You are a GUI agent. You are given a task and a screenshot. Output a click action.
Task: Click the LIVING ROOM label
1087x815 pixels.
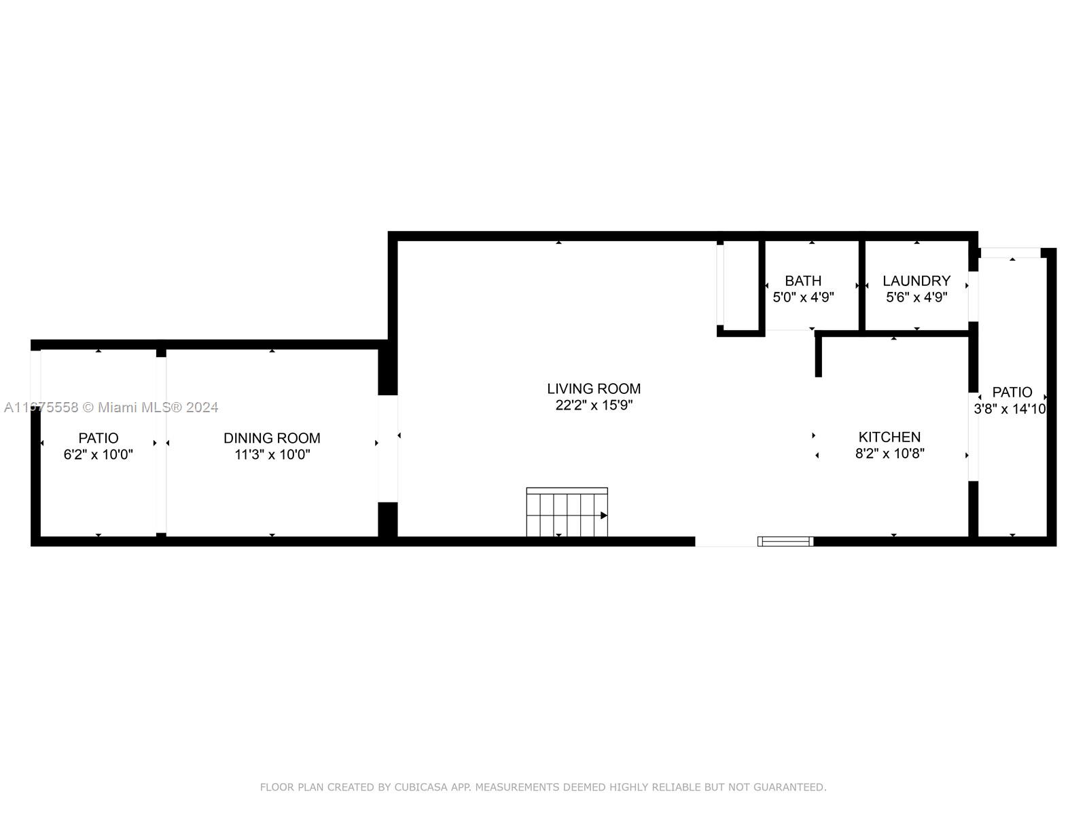593,388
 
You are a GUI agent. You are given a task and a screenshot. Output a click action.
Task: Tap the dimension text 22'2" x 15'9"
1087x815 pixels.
593,405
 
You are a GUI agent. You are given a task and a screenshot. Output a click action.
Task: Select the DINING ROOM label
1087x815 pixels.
272,438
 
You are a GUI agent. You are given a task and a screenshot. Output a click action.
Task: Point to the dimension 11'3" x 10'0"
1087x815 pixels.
272,454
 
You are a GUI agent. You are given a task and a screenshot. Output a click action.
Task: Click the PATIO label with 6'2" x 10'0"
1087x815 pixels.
98,438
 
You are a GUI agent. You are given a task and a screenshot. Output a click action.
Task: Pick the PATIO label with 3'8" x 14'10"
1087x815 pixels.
1012,392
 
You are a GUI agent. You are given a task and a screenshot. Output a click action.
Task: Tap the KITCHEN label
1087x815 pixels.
889,437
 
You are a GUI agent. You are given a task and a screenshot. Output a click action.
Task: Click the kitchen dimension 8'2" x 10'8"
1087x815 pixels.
889,453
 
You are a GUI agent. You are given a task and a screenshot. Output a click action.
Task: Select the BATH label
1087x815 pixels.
803,280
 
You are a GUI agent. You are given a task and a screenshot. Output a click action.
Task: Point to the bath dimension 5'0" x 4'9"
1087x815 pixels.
803,297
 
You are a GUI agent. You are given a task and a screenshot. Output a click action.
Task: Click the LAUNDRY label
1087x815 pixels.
916,280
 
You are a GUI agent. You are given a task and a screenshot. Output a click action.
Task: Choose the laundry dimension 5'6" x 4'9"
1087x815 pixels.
916,297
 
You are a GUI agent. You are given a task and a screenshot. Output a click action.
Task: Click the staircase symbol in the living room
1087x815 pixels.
567,511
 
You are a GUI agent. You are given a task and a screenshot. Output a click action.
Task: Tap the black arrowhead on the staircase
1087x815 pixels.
604,515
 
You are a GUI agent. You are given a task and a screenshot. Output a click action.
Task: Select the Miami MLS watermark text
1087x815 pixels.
111,407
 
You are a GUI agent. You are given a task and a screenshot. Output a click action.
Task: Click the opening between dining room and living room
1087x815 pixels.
388,448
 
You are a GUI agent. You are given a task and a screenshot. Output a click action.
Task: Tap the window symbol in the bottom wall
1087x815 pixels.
785,541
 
